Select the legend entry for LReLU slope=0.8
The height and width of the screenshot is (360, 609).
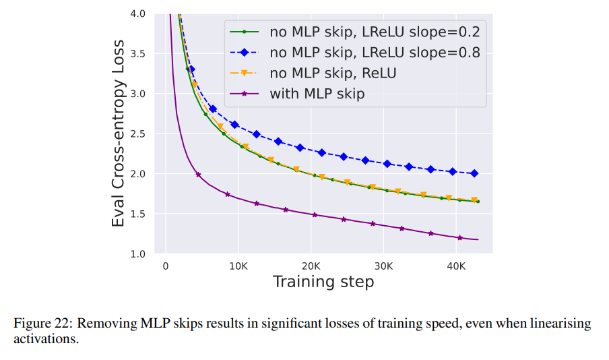[375, 52]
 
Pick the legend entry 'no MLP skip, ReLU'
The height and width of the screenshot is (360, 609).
[333, 73]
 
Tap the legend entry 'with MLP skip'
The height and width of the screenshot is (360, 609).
[317, 94]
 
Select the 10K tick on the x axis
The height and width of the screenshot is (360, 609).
[238, 266]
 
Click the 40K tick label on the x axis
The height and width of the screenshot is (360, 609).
[456, 266]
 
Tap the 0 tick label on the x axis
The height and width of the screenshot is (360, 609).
[166, 266]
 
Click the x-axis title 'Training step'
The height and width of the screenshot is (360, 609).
[323, 282]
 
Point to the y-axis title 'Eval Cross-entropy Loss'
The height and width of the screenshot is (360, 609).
[119, 133]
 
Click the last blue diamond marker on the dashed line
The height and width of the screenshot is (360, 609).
[474, 173]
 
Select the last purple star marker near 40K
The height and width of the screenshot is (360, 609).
[459, 237]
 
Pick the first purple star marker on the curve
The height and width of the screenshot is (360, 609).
[198, 175]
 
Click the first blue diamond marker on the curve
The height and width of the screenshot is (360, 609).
[191, 69]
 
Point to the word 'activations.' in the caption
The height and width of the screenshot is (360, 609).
[46, 338]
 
